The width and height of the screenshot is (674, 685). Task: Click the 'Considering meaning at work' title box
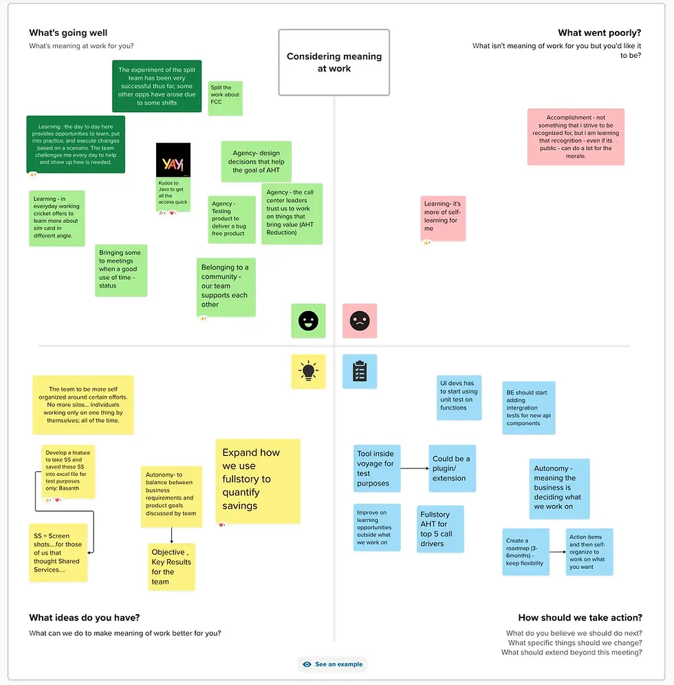334,63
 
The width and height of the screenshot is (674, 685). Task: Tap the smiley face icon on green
308,320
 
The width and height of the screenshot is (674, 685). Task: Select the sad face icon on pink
360,320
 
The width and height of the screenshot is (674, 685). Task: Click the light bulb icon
308,371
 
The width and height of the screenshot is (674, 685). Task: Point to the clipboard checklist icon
360,371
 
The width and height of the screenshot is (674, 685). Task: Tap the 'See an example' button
333,664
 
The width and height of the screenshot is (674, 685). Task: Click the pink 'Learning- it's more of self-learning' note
443,217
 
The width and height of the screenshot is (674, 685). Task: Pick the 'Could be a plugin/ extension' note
452,468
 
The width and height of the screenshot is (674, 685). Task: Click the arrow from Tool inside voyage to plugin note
415,469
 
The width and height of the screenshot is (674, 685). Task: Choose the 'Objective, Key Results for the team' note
172,567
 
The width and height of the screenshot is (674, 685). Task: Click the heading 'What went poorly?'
599,33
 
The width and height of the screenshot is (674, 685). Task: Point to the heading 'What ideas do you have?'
89,618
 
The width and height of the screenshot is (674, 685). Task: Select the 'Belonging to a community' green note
226,287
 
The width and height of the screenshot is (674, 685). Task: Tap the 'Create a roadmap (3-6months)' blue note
525,552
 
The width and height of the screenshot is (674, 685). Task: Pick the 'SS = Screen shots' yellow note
58,552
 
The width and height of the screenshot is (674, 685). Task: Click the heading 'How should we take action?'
580,618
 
